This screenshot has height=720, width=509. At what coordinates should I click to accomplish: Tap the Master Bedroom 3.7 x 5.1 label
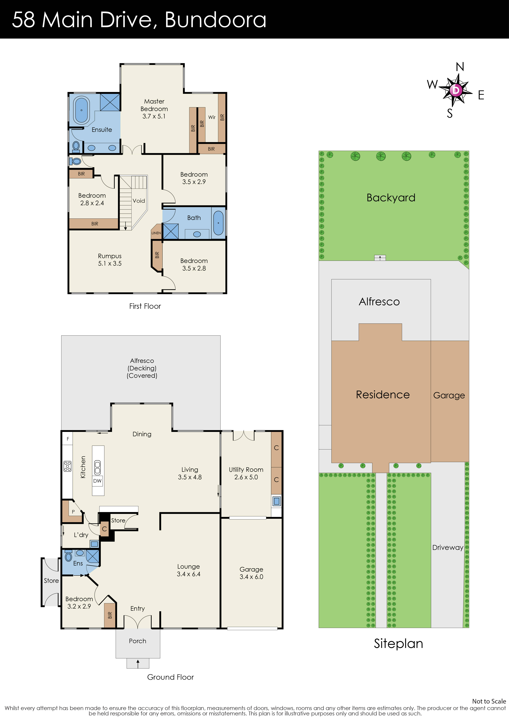154,109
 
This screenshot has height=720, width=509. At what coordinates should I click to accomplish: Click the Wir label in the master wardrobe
212,117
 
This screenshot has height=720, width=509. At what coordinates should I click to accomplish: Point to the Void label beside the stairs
139,201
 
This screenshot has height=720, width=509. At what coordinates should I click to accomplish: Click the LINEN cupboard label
156,233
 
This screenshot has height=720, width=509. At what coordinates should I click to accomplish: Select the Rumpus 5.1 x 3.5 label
109,260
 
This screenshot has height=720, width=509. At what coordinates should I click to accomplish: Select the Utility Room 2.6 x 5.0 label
246,473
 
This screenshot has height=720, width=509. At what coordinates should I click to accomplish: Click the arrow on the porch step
138,664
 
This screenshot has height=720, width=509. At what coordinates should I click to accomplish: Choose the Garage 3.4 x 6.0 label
251,573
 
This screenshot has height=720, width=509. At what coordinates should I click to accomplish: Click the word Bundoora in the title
215,20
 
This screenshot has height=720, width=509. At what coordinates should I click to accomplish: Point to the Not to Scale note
489,701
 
